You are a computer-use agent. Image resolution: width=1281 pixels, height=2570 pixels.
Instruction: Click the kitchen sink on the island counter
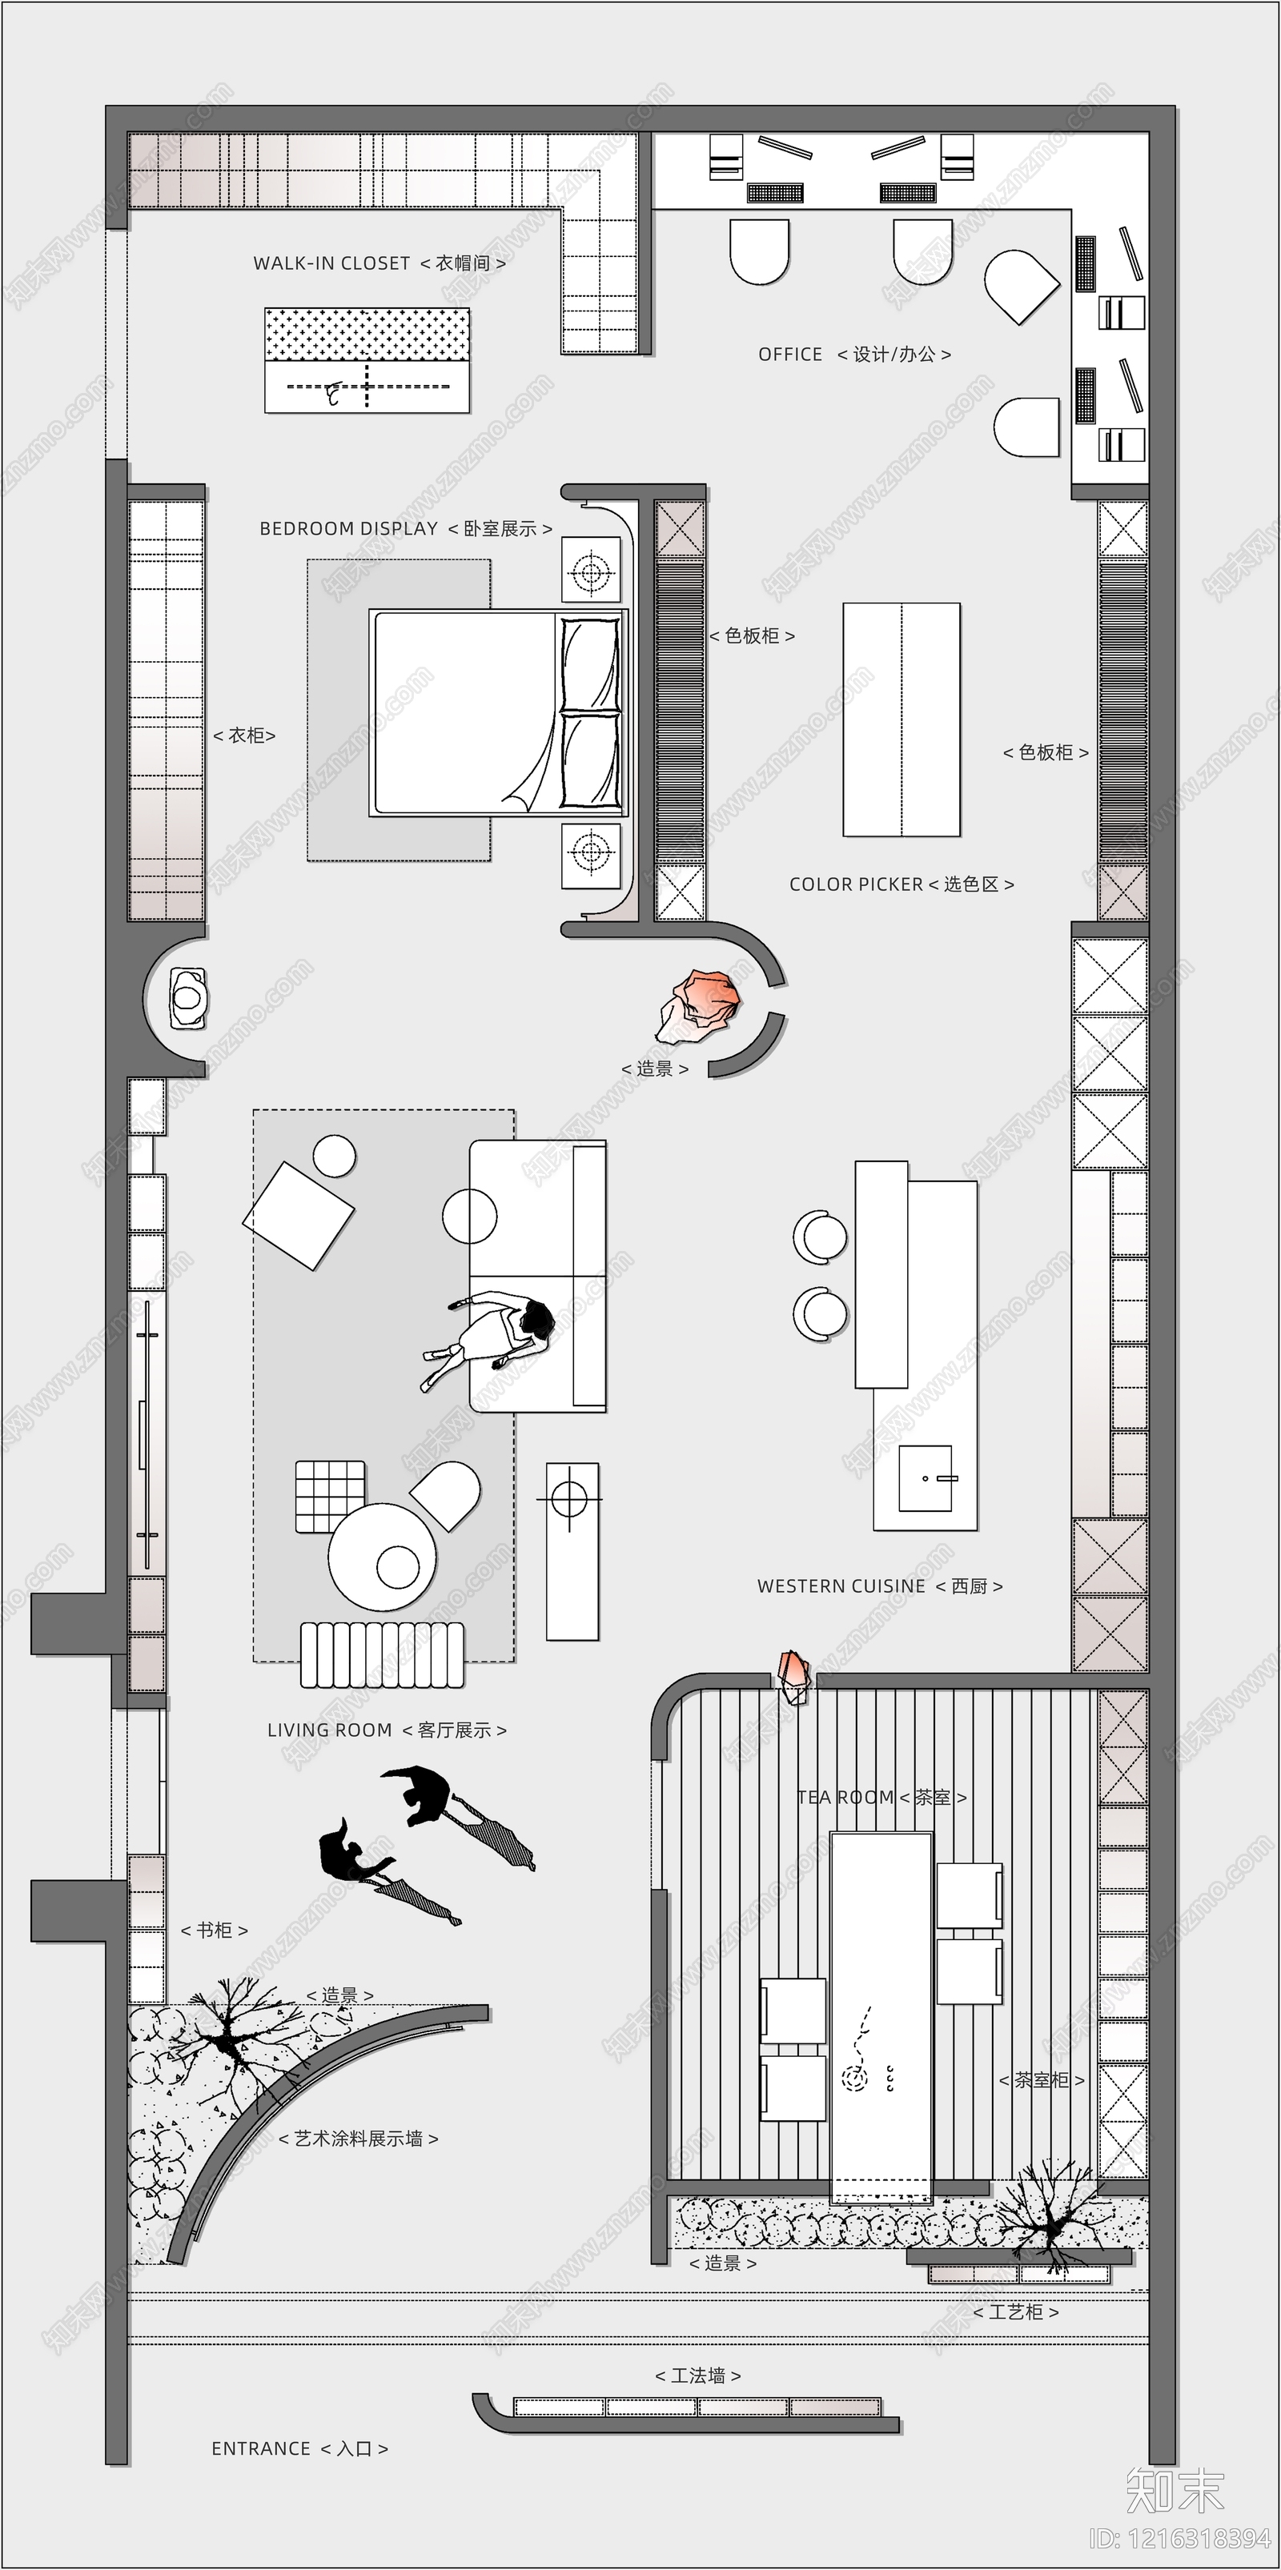click(925, 1478)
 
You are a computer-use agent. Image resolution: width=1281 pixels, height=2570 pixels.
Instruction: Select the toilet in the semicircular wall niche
click(187, 996)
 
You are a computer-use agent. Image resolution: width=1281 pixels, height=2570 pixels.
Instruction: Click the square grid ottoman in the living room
click(329, 1497)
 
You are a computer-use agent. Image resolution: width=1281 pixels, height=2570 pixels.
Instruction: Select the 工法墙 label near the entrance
click(697, 2375)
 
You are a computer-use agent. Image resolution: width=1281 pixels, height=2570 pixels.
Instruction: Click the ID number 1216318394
click(1179, 2538)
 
